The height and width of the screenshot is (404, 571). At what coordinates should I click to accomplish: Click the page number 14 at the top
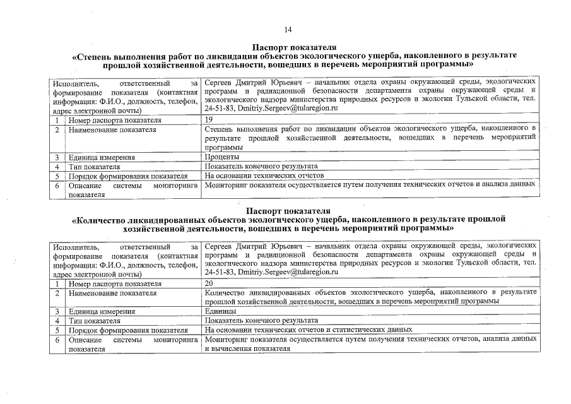coord(288,30)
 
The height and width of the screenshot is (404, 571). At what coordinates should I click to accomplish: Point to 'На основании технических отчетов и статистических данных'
coord(309,330)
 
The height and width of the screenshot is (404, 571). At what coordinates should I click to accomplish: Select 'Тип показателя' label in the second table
coord(95,321)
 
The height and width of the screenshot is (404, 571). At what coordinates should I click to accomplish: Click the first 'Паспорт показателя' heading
coord(294,47)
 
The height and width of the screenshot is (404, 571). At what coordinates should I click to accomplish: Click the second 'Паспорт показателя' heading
coord(290,210)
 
